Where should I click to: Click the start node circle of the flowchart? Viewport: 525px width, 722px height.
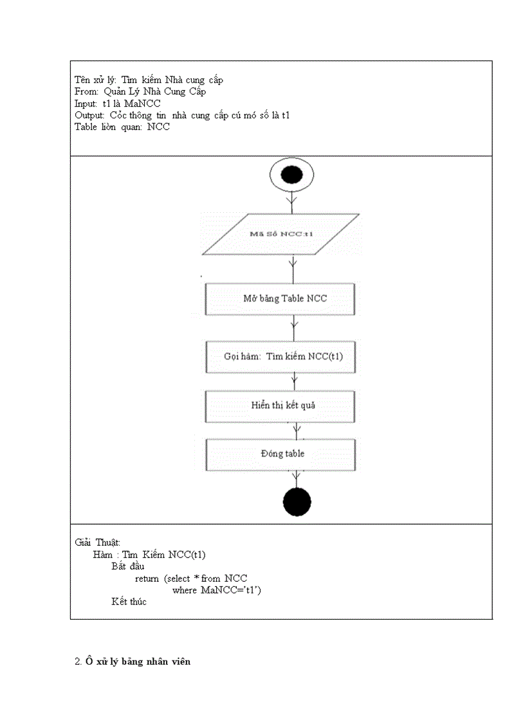292,175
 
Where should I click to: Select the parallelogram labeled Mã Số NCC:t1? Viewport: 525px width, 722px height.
281,233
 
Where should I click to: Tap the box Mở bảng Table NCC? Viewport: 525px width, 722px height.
280,298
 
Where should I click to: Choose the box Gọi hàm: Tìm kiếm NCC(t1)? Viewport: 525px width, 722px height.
280,357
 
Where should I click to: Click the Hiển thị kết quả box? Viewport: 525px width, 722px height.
280,405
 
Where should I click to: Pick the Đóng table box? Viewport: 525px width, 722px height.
280,453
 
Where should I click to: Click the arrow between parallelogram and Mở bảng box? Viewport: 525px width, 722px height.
293,267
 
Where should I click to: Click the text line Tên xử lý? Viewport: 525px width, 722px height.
149,80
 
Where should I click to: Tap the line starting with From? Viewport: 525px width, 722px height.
140,91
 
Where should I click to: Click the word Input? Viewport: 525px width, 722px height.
86,103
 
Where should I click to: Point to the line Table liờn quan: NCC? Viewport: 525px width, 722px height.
122,127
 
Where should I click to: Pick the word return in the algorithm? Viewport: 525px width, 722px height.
147,578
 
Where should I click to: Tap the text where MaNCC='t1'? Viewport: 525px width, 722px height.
216,590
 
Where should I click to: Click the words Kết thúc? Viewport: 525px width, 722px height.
129,602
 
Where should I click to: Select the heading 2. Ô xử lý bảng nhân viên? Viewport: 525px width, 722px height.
133,662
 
